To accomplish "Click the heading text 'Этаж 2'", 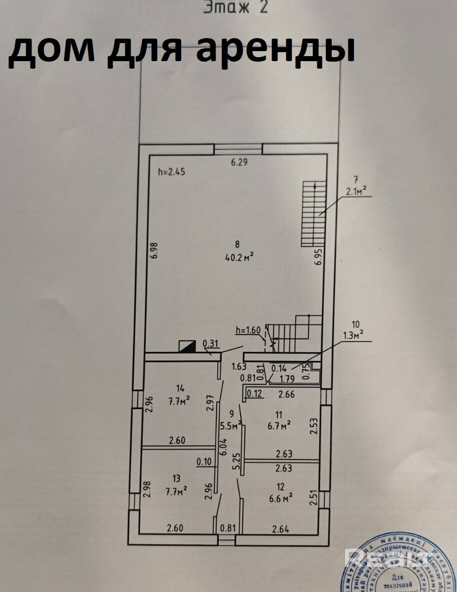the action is [236, 7].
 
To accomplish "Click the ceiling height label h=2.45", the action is [172, 171].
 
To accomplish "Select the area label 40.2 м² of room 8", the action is [237, 257].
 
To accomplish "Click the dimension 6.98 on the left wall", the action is [155, 250].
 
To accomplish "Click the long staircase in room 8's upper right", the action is [314, 214].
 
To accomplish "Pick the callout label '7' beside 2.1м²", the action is [356, 179].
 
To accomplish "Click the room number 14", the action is [180, 387].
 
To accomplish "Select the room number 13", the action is [175, 479].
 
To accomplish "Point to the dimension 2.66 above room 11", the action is [286, 394].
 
